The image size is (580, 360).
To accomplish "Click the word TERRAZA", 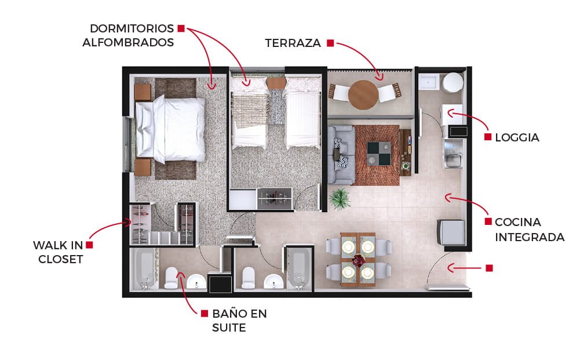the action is coord(293,43).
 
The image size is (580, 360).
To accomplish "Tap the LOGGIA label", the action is coord(517,137).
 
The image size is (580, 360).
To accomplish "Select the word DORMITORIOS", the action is coord(132,28).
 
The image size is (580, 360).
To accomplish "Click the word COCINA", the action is coord(518,222).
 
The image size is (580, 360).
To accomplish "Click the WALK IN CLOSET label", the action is coord(59,252).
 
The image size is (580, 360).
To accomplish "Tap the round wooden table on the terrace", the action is coord(363,94).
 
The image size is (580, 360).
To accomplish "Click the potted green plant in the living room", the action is coord(340,199).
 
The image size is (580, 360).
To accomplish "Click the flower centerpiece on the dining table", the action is coord(358,260).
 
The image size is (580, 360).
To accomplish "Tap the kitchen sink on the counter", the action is coord(452,160).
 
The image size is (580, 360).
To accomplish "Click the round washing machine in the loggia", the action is coord(453,82).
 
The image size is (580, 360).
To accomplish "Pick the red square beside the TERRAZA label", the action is coord(330,43).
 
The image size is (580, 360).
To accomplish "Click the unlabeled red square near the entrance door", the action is coord(489,268).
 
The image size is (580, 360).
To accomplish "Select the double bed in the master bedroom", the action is coord(170,129).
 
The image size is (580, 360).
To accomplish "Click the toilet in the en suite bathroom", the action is coord(172,278).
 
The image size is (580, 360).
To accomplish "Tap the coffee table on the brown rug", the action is coord(379,153).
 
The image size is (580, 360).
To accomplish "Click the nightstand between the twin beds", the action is coord(276,83).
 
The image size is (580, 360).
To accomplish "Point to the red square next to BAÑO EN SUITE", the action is coord(204,314).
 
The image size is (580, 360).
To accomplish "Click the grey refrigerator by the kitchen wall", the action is coord(451,232).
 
